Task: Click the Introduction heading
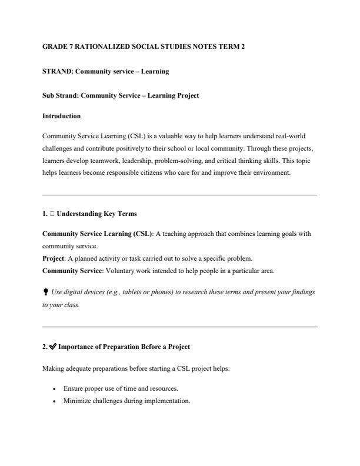click(62, 116)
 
